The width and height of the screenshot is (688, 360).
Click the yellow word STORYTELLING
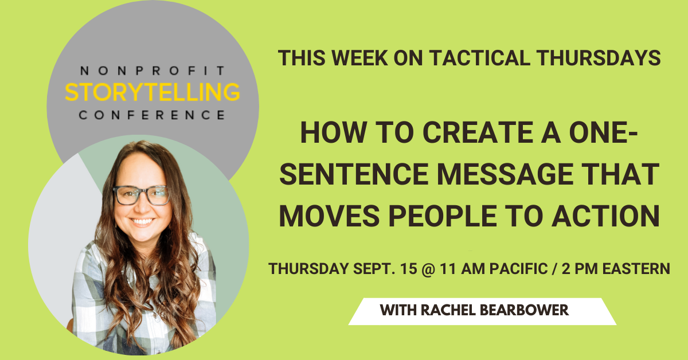(153, 92)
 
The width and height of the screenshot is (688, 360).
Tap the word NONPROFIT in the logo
(153, 71)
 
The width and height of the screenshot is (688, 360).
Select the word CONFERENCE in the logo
(152, 115)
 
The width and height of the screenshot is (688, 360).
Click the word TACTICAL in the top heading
(479, 58)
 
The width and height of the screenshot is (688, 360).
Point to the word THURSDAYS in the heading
(599, 58)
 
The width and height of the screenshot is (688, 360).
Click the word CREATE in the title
(478, 132)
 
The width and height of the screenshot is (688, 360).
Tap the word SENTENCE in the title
(354, 174)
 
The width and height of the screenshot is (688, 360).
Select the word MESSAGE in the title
(505, 174)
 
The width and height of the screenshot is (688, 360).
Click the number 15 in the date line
(408, 269)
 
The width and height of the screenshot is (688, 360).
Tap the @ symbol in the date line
(428, 269)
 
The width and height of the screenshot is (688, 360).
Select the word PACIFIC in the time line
(518, 269)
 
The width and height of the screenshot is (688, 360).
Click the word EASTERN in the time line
(636, 269)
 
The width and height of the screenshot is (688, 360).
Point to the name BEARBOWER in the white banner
(524, 310)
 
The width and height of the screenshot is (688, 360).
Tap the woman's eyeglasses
(141, 195)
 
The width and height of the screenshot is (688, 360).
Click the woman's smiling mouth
(142, 221)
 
